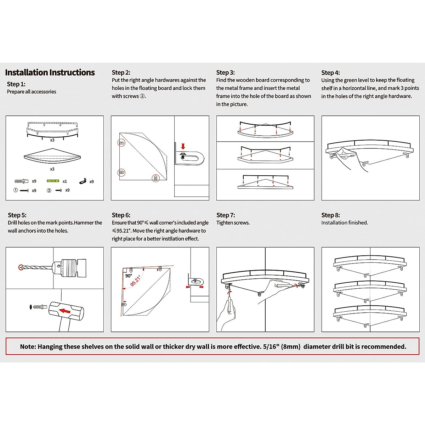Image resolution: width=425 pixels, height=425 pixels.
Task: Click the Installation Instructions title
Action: click(50, 73)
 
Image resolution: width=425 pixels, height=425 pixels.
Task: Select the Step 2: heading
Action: click(121, 73)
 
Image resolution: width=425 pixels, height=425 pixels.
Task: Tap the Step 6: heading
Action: click(121, 215)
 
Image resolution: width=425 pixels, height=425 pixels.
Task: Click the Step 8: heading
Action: click(330, 215)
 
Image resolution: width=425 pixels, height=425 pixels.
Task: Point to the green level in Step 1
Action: click(53, 181)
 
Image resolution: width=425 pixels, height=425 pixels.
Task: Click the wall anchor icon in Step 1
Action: click(22, 181)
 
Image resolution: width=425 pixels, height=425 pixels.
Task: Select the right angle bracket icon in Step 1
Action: click(83, 181)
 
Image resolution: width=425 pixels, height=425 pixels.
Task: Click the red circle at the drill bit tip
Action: click(21, 267)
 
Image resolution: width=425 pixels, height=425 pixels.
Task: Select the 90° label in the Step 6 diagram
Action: click(129, 276)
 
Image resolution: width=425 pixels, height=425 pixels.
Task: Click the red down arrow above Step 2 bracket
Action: click(183, 146)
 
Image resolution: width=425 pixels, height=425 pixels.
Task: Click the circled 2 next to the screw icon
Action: click(49, 191)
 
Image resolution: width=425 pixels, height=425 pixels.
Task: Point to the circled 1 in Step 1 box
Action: click(16, 190)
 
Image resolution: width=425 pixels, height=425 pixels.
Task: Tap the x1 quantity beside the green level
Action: click(65, 181)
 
